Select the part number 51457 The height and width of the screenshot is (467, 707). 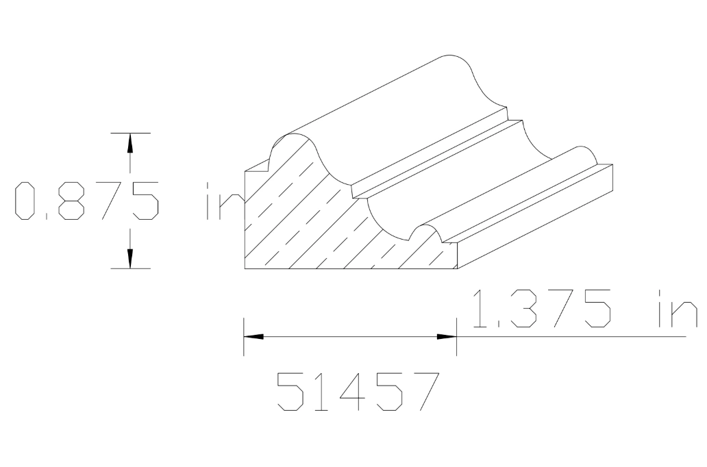pyautogui.click(x=356, y=392)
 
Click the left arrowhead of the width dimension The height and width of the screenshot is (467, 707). pyautogui.click(x=254, y=337)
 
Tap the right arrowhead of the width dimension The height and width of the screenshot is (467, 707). pyautogui.click(x=447, y=337)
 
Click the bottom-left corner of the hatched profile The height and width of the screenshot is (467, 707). pyautogui.click(x=245, y=268)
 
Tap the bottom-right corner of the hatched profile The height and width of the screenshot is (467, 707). pyautogui.click(x=457, y=268)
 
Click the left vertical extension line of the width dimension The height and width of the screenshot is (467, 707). pyautogui.click(x=244, y=336)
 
